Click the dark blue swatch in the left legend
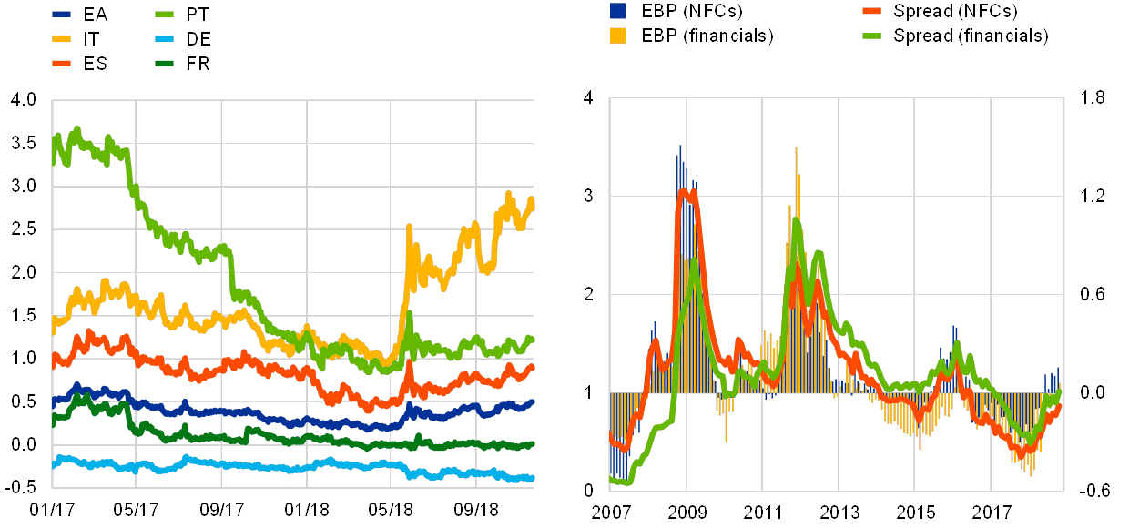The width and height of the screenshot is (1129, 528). point(61,15)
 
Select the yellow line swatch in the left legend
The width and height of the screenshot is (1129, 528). point(61,39)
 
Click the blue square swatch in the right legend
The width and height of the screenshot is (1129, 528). point(618,11)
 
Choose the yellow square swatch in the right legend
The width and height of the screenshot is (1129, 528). point(618,36)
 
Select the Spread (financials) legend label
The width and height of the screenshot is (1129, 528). point(971,36)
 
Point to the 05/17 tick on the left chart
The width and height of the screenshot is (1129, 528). point(136,507)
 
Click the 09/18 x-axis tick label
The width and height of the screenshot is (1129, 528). point(477,507)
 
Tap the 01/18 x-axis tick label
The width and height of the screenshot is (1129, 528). point(307,507)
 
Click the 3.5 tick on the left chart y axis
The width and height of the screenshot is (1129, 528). point(25,144)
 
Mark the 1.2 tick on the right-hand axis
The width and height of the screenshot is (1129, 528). point(1093,194)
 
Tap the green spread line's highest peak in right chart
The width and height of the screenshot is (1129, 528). point(796,220)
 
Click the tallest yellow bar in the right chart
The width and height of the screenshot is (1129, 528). point(796,150)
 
